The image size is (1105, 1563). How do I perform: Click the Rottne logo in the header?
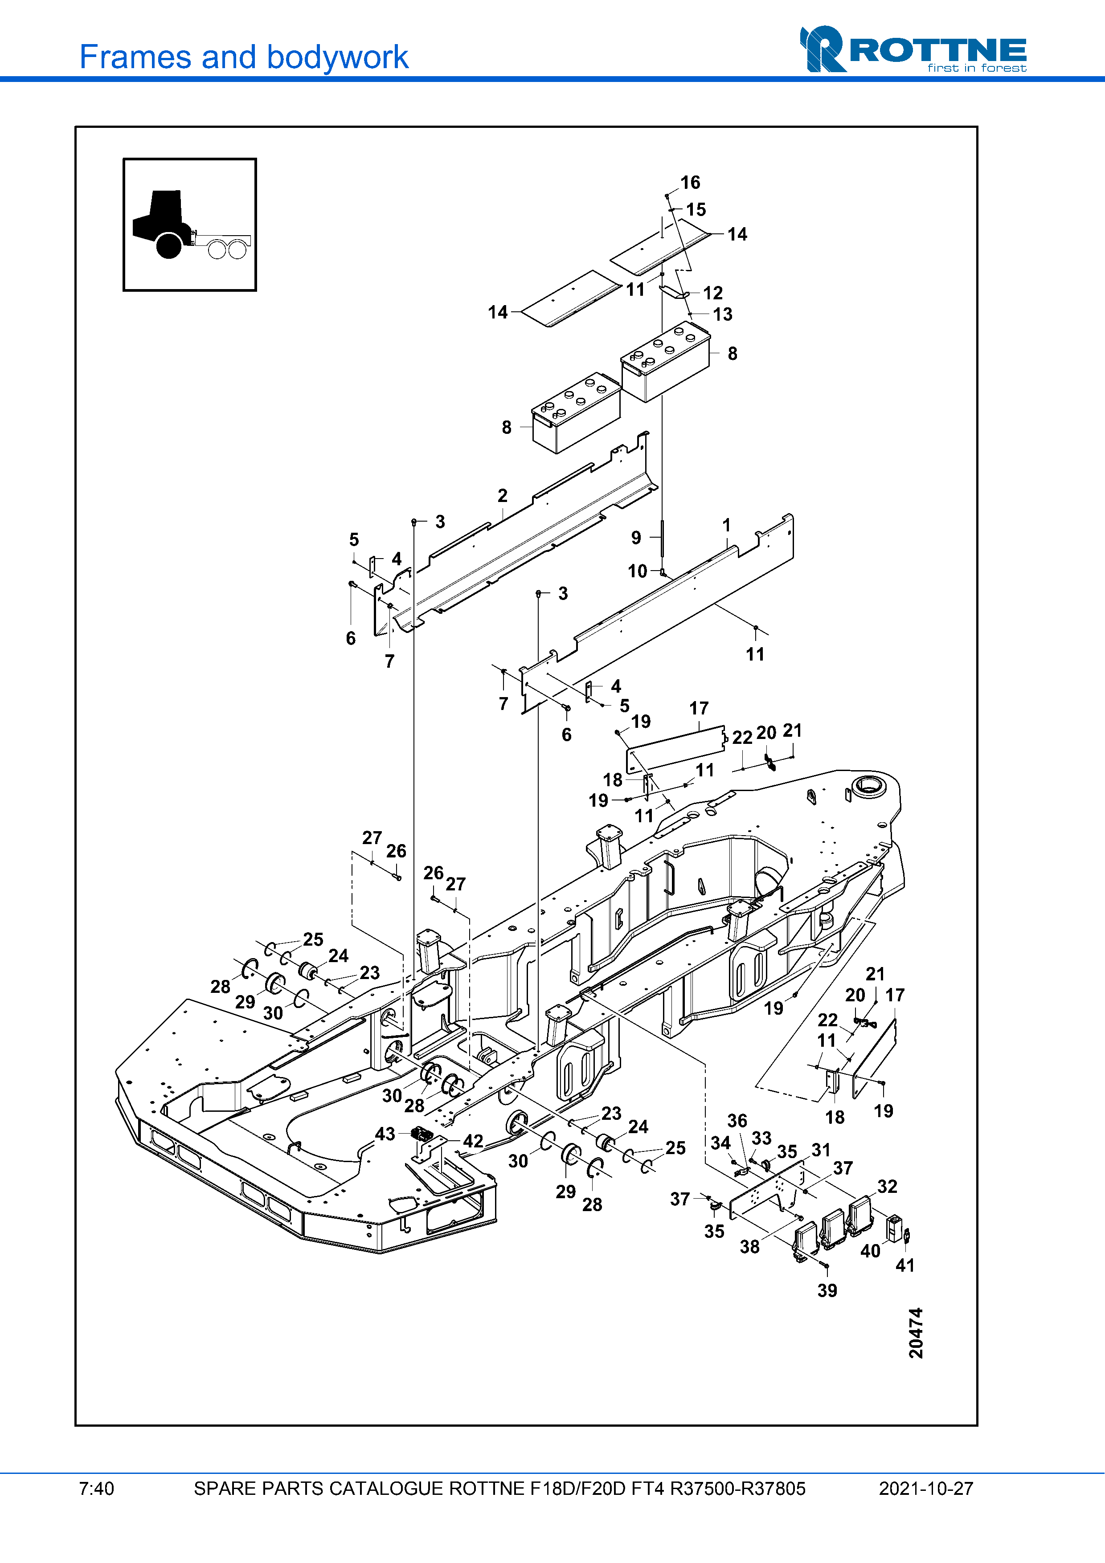click(913, 49)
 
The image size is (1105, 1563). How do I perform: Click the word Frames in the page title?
click(135, 57)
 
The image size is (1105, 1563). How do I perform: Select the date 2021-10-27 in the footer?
click(925, 1489)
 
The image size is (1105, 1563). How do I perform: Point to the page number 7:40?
click(97, 1489)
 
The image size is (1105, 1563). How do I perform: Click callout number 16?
click(690, 183)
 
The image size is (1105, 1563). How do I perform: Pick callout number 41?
click(905, 1265)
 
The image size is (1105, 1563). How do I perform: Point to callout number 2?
click(503, 496)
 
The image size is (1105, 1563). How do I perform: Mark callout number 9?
click(636, 538)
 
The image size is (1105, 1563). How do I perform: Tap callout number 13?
click(722, 314)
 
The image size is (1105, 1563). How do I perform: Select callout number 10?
click(637, 571)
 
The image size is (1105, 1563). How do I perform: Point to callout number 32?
click(887, 1187)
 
